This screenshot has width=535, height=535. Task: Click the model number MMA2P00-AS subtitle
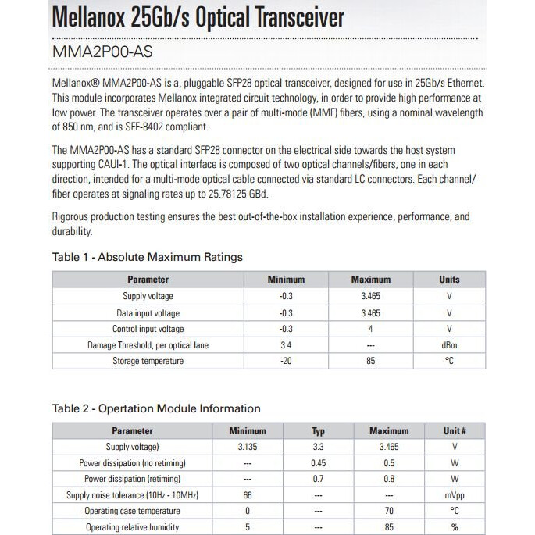click(x=102, y=52)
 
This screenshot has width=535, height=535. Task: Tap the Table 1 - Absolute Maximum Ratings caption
click(x=147, y=256)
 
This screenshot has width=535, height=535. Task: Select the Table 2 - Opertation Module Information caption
click(x=156, y=408)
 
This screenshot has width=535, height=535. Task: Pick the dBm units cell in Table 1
click(x=449, y=345)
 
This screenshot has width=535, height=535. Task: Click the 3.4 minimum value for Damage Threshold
click(x=286, y=345)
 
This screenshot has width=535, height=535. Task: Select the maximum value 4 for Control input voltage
click(x=371, y=329)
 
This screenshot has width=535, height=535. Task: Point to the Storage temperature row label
click(x=148, y=362)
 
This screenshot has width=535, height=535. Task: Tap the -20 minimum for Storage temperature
click(x=286, y=362)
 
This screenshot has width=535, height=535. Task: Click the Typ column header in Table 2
click(x=318, y=430)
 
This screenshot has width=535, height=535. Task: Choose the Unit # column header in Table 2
click(x=455, y=430)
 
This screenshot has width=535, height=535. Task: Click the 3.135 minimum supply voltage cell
click(x=248, y=447)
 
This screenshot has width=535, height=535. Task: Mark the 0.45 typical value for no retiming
click(x=318, y=463)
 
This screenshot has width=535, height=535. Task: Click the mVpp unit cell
click(x=455, y=495)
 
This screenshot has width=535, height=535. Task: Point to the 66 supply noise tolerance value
click(x=248, y=495)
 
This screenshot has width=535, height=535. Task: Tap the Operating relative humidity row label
click(x=132, y=527)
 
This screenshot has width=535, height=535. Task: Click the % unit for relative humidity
click(x=455, y=527)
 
